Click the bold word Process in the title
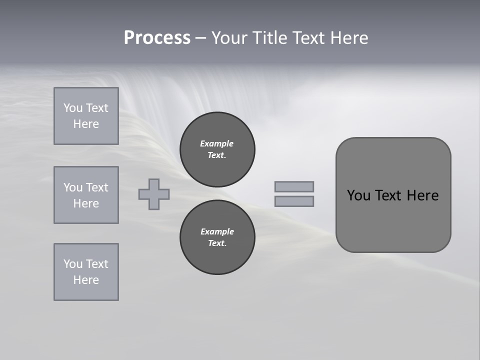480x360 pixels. pos(157,38)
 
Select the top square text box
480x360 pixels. pos(86,116)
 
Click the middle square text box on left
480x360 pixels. pos(86,195)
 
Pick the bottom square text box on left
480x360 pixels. pos(86,272)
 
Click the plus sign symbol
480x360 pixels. pos(154,194)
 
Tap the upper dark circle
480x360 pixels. pos(217,149)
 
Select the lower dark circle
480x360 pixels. pos(217,237)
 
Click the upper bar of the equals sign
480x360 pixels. pos(294,186)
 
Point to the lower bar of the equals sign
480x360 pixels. pos(294,201)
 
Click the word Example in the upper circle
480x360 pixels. pos(217,143)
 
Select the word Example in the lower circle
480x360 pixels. pos(217,231)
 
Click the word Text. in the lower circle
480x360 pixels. pos(217,243)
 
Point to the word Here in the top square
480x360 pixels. pos(86,124)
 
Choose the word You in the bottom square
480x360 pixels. pos(72,264)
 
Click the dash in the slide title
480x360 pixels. pos(200,38)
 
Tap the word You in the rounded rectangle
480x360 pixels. pos(358,195)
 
